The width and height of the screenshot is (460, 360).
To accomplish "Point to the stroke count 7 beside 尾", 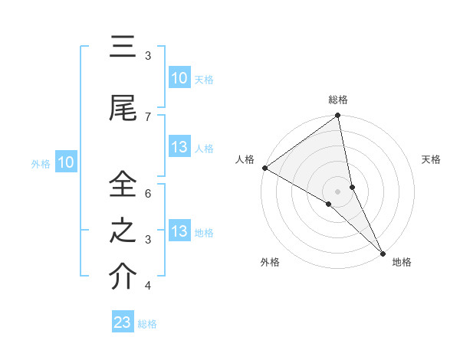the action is (x=148, y=116).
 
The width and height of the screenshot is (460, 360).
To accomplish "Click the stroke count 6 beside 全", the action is (x=148, y=193).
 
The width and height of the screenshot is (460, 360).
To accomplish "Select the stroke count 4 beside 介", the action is (x=148, y=286).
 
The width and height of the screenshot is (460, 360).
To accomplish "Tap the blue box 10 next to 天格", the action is (x=179, y=78).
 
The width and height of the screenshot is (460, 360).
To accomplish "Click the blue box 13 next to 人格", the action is (x=179, y=147).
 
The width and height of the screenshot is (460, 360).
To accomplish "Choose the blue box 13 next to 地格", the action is (x=179, y=231).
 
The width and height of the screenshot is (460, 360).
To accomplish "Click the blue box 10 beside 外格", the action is (x=65, y=162).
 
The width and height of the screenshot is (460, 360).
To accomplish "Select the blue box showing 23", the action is (x=123, y=322).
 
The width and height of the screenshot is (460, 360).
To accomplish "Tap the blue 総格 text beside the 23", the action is (x=147, y=324).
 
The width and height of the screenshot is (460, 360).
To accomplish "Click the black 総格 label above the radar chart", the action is (x=338, y=100).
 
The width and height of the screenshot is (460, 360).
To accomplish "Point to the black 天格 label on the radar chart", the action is (x=432, y=159).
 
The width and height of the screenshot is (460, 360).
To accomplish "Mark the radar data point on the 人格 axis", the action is (x=264, y=168).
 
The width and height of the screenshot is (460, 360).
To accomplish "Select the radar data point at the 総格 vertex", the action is (x=338, y=116).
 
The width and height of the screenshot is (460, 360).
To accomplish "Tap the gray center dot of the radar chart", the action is (x=337, y=191).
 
